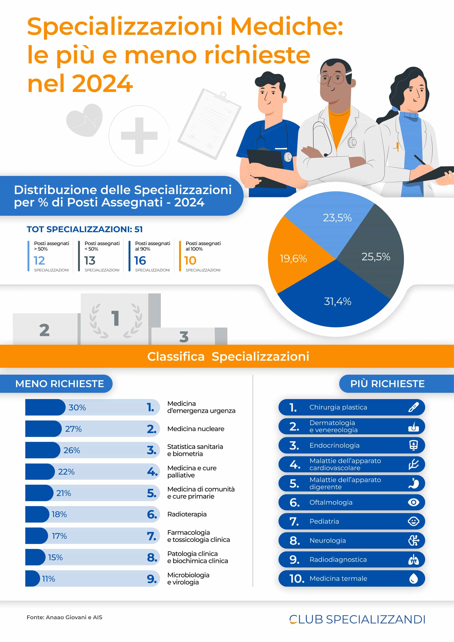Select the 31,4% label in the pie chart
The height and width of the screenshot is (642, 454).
point(337,301)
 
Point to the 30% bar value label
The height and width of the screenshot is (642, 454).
point(77,407)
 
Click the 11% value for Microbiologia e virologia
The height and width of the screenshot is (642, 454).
point(48,579)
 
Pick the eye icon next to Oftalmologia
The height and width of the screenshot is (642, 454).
point(413,502)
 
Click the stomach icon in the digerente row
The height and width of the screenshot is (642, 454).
point(413,483)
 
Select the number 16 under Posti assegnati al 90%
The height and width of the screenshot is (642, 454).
point(140,260)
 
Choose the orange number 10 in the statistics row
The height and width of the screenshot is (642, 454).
point(190,260)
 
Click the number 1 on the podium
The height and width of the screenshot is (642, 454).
point(115,318)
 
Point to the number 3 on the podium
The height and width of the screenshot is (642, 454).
point(184,337)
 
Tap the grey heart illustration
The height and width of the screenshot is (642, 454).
point(85,120)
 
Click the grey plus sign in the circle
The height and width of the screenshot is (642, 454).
point(139,136)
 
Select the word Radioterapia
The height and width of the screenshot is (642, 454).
point(187,514)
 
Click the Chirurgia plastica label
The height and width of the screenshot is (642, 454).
point(338,407)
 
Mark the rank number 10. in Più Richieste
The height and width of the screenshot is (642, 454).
point(297,579)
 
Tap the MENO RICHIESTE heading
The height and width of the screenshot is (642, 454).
point(60,384)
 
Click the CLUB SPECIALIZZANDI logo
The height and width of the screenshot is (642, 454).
point(357,619)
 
